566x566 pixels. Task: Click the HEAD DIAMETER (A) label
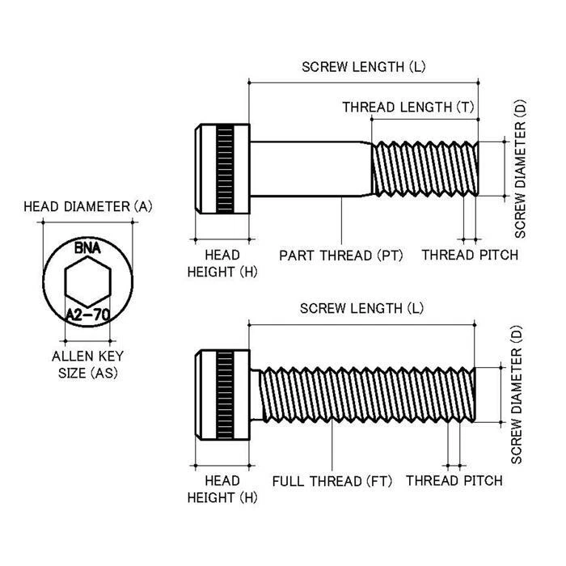(x=87, y=207)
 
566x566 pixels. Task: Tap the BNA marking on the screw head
(x=87, y=248)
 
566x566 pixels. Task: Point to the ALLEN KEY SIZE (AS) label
(x=87, y=364)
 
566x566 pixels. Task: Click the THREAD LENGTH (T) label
(x=408, y=107)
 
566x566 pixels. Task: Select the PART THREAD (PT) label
(x=340, y=256)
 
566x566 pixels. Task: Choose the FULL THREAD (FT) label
(x=332, y=481)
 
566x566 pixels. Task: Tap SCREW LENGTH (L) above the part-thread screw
(x=363, y=67)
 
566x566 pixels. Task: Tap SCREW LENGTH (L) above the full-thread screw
(x=361, y=309)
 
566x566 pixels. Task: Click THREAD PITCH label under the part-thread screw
(x=470, y=256)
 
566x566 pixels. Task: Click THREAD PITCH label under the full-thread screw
(x=454, y=481)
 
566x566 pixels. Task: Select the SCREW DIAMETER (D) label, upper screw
(x=520, y=168)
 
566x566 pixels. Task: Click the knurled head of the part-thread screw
(x=223, y=168)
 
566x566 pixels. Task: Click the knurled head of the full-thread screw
(x=224, y=395)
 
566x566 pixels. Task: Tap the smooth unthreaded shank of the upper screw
(x=310, y=168)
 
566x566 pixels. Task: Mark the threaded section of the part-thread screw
(x=424, y=168)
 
